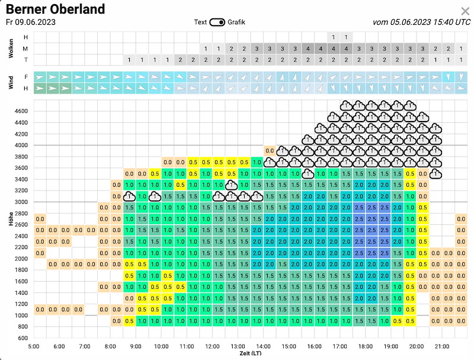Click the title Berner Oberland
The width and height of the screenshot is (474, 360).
coord(55,9)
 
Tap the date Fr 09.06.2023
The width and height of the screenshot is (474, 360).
coord(31,23)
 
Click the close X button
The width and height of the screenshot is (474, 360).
coord(465,11)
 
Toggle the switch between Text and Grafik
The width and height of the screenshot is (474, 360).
coord(217,23)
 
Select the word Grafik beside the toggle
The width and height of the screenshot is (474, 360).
coord(236,22)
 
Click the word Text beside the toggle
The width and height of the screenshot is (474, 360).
coord(200,22)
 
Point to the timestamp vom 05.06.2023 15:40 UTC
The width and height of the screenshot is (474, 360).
coord(422,22)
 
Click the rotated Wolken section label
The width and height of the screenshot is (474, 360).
coord(11,48)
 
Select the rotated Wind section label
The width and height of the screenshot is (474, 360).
coord(11,82)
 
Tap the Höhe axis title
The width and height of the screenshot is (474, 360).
coord(11,219)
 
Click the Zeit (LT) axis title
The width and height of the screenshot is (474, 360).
coord(251,353)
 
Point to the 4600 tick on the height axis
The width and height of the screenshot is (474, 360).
coord(21,111)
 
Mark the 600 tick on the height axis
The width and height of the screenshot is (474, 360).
coord(23,338)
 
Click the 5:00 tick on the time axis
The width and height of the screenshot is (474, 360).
coord(34,346)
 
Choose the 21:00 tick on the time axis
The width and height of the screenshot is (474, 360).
coord(441,346)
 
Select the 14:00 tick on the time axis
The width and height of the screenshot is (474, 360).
coord(263,346)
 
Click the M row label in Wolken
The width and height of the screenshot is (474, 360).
coord(25,49)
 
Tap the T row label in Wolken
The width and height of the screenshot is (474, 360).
coord(25,60)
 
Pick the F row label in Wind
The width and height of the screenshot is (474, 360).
coord(26,77)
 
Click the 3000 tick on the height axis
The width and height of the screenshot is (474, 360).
coord(21,202)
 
